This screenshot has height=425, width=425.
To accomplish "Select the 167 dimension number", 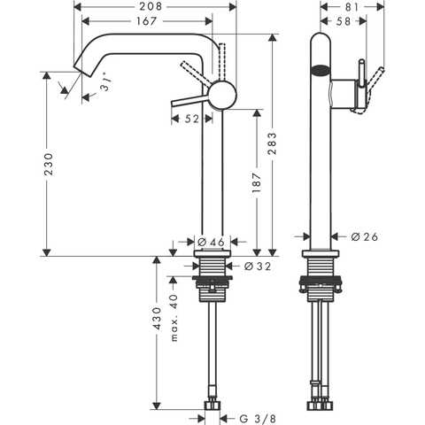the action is [x=147, y=21].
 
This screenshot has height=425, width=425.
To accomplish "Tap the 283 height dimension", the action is [x=272, y=143].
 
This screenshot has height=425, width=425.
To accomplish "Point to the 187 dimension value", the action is [x=257, y=183].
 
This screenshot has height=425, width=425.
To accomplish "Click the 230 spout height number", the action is [x=48, y=164].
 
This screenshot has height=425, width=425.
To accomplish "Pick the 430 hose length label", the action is [x=157, y=319].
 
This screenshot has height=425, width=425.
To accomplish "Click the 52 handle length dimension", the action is [x=192, y=119].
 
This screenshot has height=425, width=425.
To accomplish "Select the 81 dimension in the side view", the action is [x=352, y=7].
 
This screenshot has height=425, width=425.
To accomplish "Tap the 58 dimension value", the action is [x=344, y=21].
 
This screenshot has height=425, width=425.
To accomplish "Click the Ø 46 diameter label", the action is [x=211, y=243].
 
